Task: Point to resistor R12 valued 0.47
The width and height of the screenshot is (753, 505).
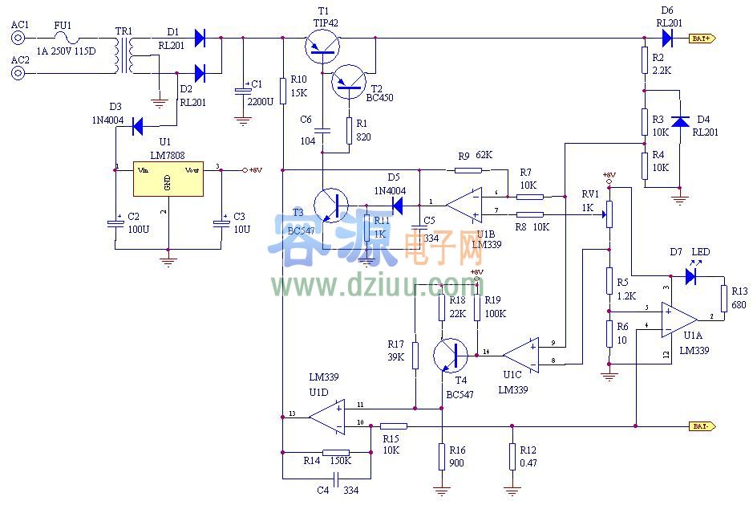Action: pos(512,458)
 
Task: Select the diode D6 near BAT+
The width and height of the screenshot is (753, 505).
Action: pos(668,38)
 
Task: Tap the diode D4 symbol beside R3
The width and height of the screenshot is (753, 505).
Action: pos(680,122)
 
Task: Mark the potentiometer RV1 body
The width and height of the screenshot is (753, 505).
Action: pos(609,213)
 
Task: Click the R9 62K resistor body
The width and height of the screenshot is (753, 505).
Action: pos(468,170)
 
